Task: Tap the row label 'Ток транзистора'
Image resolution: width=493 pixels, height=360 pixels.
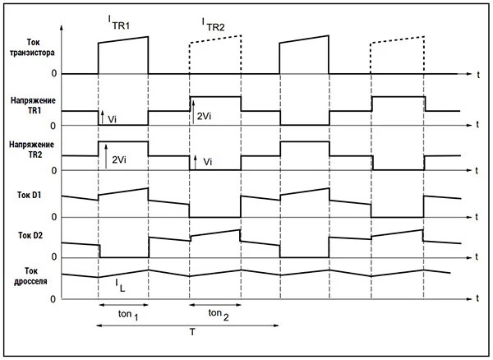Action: click(32, 46)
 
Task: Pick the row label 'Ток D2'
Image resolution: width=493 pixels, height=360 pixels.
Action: click(30, 236)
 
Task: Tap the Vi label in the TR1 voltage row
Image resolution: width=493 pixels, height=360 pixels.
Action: click(113, 119)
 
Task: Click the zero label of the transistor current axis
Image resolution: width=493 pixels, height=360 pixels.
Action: click(54, 74)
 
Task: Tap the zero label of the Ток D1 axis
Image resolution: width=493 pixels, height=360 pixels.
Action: click(54, 217)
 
